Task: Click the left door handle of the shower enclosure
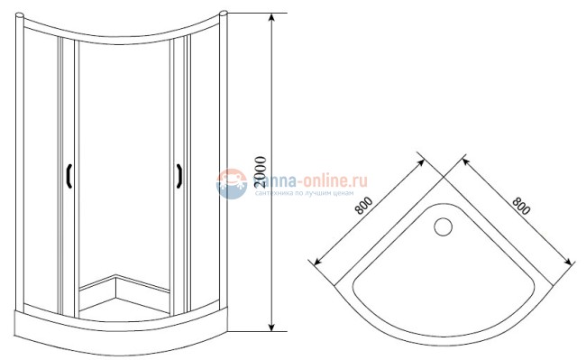tap(69, 177)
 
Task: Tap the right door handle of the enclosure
tap(179, 176)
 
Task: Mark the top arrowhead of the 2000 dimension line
tap(271, 17)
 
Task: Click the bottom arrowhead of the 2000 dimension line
tap(271, 330)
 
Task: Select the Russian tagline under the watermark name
tap(303, 193)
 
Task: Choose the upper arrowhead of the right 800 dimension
tap(464, 157)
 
